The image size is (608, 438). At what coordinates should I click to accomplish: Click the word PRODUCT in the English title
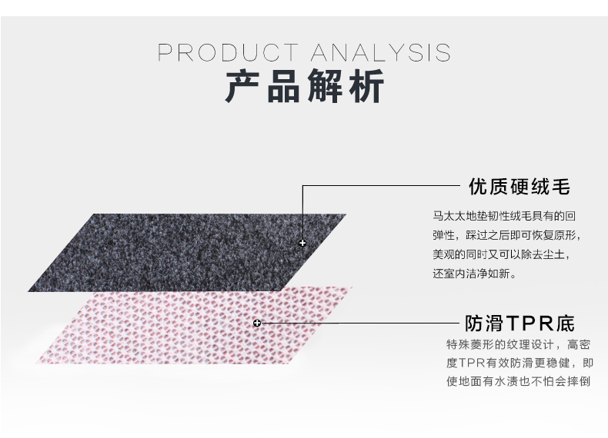coord(228,52)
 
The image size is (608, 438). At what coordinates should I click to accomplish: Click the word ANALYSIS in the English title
coord(380,52)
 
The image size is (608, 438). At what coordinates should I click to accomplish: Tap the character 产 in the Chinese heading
coord(242,85)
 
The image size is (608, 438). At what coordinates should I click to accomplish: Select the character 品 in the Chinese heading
coord(284,85)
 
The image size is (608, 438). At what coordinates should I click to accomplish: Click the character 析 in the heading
coord(366,85)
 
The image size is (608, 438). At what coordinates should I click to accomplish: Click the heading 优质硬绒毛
coord(519,186)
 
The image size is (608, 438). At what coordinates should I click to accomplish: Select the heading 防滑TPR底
coord(519,323)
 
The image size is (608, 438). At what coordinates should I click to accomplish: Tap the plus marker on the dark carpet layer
coord(302,243)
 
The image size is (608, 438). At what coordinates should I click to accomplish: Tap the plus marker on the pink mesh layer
coord(257,323)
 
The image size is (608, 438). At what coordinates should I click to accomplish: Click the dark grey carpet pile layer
coord(187,253)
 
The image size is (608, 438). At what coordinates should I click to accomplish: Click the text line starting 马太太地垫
coord(504,216)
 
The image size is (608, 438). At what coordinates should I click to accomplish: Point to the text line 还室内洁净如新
coord(475,274)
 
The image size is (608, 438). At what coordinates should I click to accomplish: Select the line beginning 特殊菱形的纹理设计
coord(519,344)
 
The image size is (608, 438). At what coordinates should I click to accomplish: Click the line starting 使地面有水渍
coord(519,381)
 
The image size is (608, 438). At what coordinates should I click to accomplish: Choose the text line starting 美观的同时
coord(501,254)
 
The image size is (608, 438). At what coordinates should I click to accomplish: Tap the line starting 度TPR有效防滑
coord(520,363)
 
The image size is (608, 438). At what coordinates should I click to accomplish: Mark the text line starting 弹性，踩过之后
coord(506,235)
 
